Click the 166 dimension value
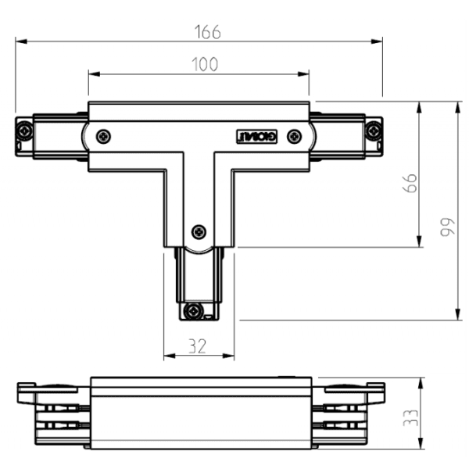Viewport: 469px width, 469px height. [207, 31]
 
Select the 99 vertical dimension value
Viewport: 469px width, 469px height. [446, 227]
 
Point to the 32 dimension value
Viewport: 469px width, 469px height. [198, 347]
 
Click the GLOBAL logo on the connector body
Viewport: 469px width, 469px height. [257, 136]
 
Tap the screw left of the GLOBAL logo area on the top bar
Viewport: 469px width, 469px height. [103, 136]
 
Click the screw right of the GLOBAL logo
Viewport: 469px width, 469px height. [294, 136]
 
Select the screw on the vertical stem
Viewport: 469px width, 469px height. [199, 231]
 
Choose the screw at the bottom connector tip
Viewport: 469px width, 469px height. [193, 311]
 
